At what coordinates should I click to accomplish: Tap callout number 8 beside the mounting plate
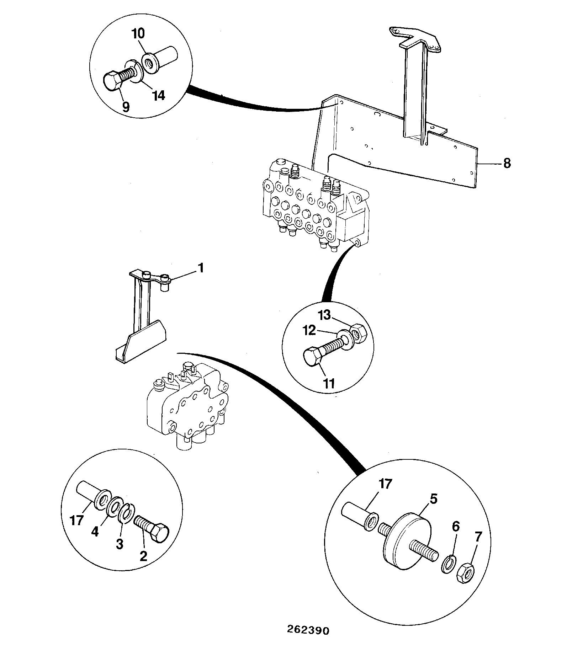(x=507, y=164)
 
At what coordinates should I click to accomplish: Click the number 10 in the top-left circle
(x=138, y=34)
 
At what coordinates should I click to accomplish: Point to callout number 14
(x=159, y=95)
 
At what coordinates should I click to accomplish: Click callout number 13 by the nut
(x=324, y=315)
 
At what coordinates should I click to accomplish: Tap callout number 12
(x=309, y=331)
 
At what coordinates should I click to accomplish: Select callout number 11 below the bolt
(x=329, y=383)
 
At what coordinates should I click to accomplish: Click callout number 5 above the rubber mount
(x=433, y=499)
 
